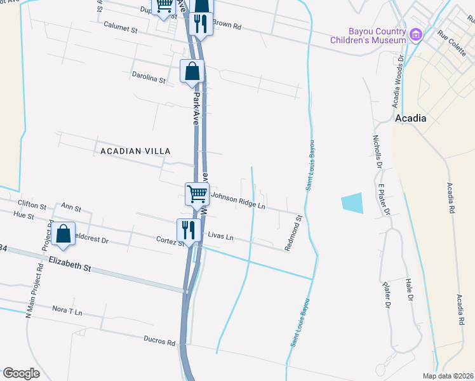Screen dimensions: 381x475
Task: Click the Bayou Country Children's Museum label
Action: (x=368, y=36)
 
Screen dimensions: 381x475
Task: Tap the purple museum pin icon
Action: (x=416, y=34)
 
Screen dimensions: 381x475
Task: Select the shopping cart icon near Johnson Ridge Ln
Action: (x=197, y=194)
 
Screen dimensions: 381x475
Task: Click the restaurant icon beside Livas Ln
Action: (x=188, y=229)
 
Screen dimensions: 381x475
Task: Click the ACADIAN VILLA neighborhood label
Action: (x=136, y=150)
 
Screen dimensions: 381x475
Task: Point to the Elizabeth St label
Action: (x=70, y=264)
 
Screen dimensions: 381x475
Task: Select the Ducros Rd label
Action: (x=158, y=342)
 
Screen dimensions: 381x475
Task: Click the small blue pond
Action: (x=353, y=203)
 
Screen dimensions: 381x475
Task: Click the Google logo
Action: (x=22, y=373)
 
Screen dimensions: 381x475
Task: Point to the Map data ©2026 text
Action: (x=448, y=376)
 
